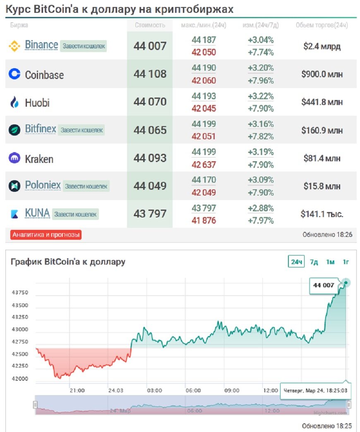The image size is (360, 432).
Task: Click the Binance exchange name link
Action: [41, 45]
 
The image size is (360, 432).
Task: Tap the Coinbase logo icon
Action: [14, 74]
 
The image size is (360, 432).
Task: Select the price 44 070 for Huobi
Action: [150, 102]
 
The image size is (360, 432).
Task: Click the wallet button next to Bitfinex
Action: [81, 130]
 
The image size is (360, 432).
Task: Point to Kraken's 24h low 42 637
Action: [204, 165]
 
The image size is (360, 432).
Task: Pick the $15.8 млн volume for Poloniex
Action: [322, 186]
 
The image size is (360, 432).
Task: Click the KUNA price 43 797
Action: [150, 214]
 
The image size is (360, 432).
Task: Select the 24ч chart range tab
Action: [296, 262]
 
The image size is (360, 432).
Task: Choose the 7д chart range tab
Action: [314, 262]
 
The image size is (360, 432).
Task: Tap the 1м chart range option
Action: [330, 262]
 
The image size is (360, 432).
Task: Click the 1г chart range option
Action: [346, 262]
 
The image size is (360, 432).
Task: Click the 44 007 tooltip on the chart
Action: [324, 285]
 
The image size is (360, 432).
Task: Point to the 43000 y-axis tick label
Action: [20, 329]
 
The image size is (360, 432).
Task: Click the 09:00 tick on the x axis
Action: [232, 390]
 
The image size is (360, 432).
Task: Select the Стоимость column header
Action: [150, 25]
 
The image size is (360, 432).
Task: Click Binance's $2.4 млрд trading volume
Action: [322, 46]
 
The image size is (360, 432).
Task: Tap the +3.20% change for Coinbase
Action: [261, 68]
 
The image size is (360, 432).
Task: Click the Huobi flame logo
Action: [14, 102]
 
